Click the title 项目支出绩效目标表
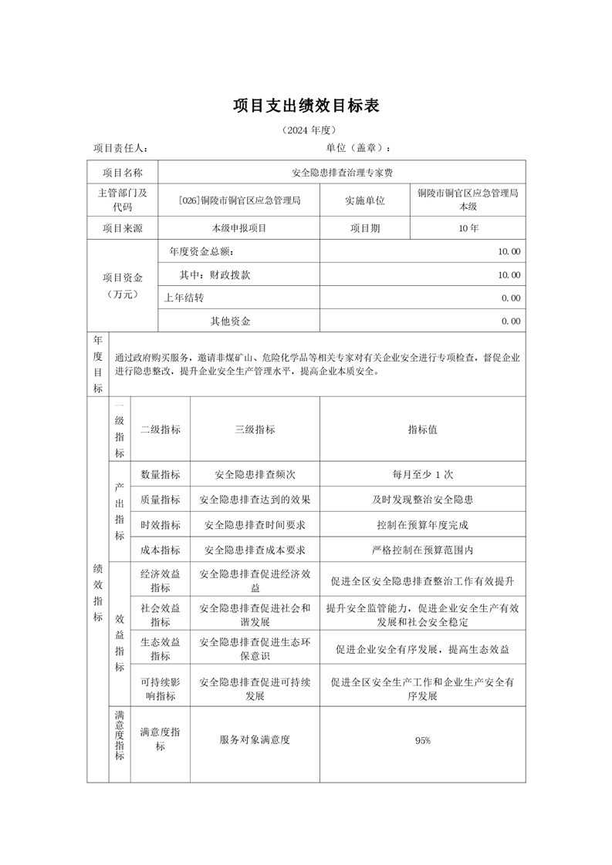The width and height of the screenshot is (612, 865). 306,106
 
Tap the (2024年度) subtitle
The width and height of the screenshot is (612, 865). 306,130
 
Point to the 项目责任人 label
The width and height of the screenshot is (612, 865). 120,148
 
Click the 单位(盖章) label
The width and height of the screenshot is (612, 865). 358,148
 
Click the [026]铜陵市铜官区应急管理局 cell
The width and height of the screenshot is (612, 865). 238,200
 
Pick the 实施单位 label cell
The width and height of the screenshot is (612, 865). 365,200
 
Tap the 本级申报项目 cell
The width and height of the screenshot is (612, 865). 238,229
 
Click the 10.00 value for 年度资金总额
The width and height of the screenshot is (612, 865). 509,252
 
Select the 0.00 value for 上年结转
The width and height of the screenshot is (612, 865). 510,298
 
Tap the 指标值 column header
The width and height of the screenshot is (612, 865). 422,430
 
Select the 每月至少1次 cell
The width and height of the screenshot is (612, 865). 422,475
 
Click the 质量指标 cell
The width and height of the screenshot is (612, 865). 161,500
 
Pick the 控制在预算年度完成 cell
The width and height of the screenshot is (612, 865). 422,525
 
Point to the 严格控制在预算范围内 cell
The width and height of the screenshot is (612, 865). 422,550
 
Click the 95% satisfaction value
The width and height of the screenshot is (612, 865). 422,741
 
